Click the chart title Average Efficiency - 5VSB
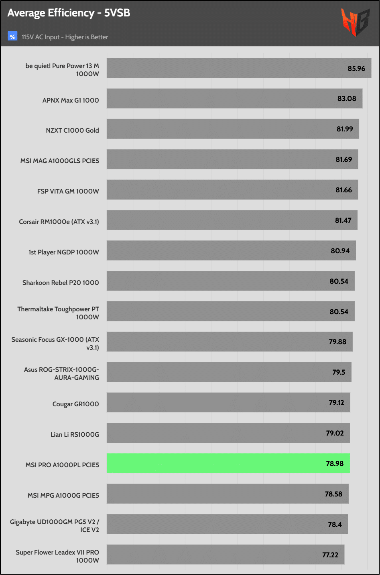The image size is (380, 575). coord(69,13)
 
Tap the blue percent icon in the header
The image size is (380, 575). coord(12,37)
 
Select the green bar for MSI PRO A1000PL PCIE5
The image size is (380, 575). coord(228,463)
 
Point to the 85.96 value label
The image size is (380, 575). coord(356,69)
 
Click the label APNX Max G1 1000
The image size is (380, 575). coord(71,100)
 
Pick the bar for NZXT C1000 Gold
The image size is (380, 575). coord(233,129)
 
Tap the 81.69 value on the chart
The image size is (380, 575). coord(344,159)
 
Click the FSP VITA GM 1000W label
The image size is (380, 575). coord(68,191)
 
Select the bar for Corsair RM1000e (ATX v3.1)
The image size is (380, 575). coord(232,220)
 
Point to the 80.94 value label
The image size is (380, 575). coord(340,251)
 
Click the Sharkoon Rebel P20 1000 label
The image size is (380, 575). coord(61,282)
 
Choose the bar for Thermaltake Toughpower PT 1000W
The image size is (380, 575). coord(230,311)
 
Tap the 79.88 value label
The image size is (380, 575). coord(337,342)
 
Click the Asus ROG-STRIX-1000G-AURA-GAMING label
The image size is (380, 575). coord(61,373)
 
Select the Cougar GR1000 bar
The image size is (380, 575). coord(228,402)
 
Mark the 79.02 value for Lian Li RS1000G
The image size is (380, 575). coord(335,433)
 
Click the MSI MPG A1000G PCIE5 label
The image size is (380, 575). coord(63,495)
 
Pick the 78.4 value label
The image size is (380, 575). coord(335,524)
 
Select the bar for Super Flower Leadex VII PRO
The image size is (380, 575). coord(225,555)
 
